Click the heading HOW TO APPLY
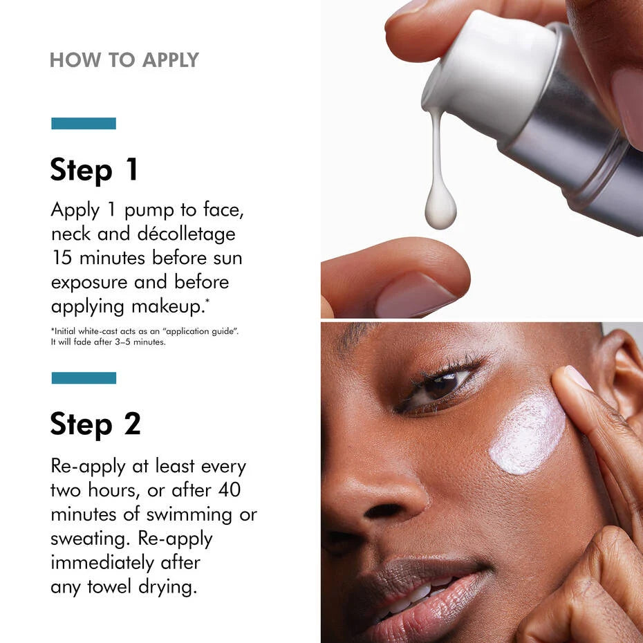tap(124, 60)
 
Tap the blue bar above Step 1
tap(84, 124)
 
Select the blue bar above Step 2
tap(84, 378)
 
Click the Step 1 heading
tap(94, 170)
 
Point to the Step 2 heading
tap(95, 425)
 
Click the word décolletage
tap(186, 234)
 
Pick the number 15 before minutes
tap(62, 258)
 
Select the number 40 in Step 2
tap(230, 490)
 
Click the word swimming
tap(189, 515)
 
